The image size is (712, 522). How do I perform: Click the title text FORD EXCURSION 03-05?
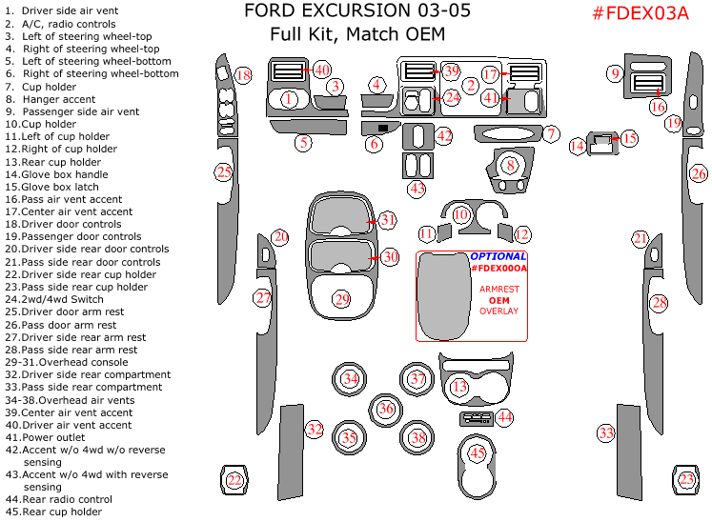click(x=344, y=12)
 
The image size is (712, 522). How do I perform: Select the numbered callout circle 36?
click(x=385, y=409)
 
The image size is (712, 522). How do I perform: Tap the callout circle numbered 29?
click(x=342, y=299)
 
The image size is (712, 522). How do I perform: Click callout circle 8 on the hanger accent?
click(x=511, y=165)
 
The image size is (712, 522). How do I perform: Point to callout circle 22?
click(x=234, y=480)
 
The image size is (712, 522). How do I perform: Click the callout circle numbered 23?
click(x=686, y=479)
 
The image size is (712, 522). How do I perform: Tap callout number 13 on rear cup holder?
click(x=459, y=387)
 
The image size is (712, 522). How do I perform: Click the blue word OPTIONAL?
click(x=498, y=256)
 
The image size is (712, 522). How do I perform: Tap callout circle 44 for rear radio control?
click(x=504, y=416)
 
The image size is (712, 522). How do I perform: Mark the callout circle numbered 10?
click(x=461, y=215)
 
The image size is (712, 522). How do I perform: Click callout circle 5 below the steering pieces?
click(x=303, y=144)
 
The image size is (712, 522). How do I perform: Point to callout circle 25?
click(x=223, y=172)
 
